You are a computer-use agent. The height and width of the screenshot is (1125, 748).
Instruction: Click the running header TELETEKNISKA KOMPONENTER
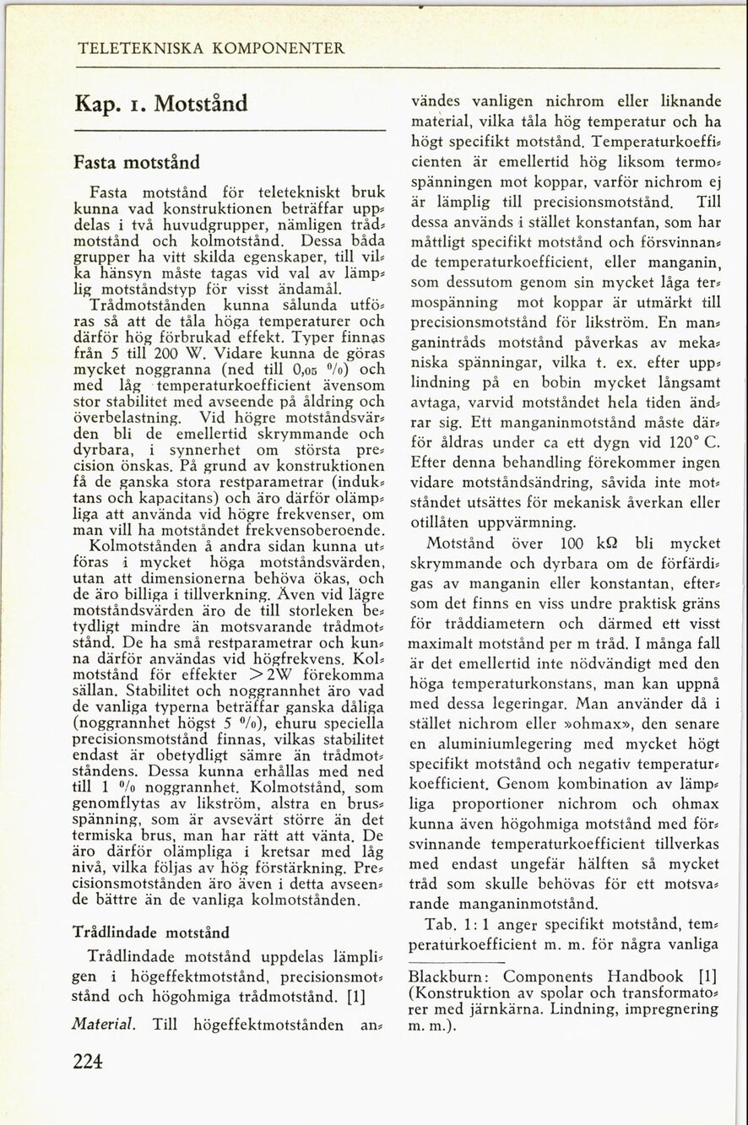210,49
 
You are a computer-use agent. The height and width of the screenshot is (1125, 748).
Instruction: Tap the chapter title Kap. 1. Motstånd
161,105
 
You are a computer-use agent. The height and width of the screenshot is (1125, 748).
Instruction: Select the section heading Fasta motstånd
137,161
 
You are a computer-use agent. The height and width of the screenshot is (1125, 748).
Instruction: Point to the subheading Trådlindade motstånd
151,933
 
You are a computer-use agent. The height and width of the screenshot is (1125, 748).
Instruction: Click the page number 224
88,1063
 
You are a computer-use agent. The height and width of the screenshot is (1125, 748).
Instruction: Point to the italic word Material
105,1025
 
